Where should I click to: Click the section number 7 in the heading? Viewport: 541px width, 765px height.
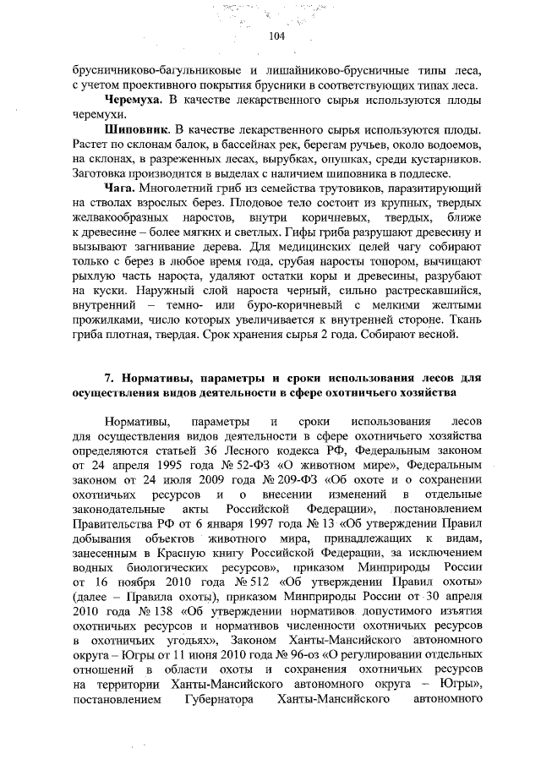107,378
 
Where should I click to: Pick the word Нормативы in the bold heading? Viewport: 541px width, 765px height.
150,378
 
